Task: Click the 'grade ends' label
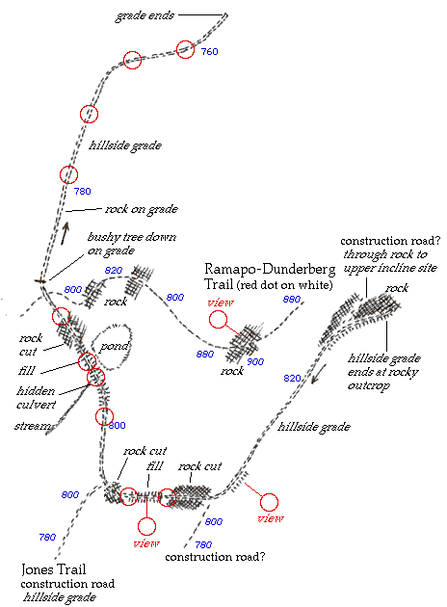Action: click(145, 15)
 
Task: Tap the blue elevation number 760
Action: click(209, 51)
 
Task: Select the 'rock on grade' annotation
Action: click(142, 209)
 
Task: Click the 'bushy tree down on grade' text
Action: click(132, 244)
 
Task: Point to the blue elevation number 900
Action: click(255, 361)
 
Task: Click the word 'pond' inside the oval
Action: click(114, 347)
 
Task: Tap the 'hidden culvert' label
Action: click(36, 398)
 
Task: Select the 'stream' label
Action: click(33, 426)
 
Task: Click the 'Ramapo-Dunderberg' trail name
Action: click(270, 269)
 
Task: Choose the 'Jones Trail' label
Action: click(53, 569)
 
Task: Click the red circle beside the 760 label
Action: click(185, 49)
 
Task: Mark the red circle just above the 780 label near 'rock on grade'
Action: click(69, 174)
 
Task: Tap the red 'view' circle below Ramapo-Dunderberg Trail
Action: click(219, 319)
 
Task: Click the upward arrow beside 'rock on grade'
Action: click(65, 233)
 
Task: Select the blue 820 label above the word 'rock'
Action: click(114, 270)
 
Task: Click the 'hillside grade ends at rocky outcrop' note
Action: click(384, 372)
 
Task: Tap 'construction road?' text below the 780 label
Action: click(215, 557)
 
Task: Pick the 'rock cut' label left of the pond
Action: click(30, 345)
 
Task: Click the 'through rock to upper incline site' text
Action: click(390, 261)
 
